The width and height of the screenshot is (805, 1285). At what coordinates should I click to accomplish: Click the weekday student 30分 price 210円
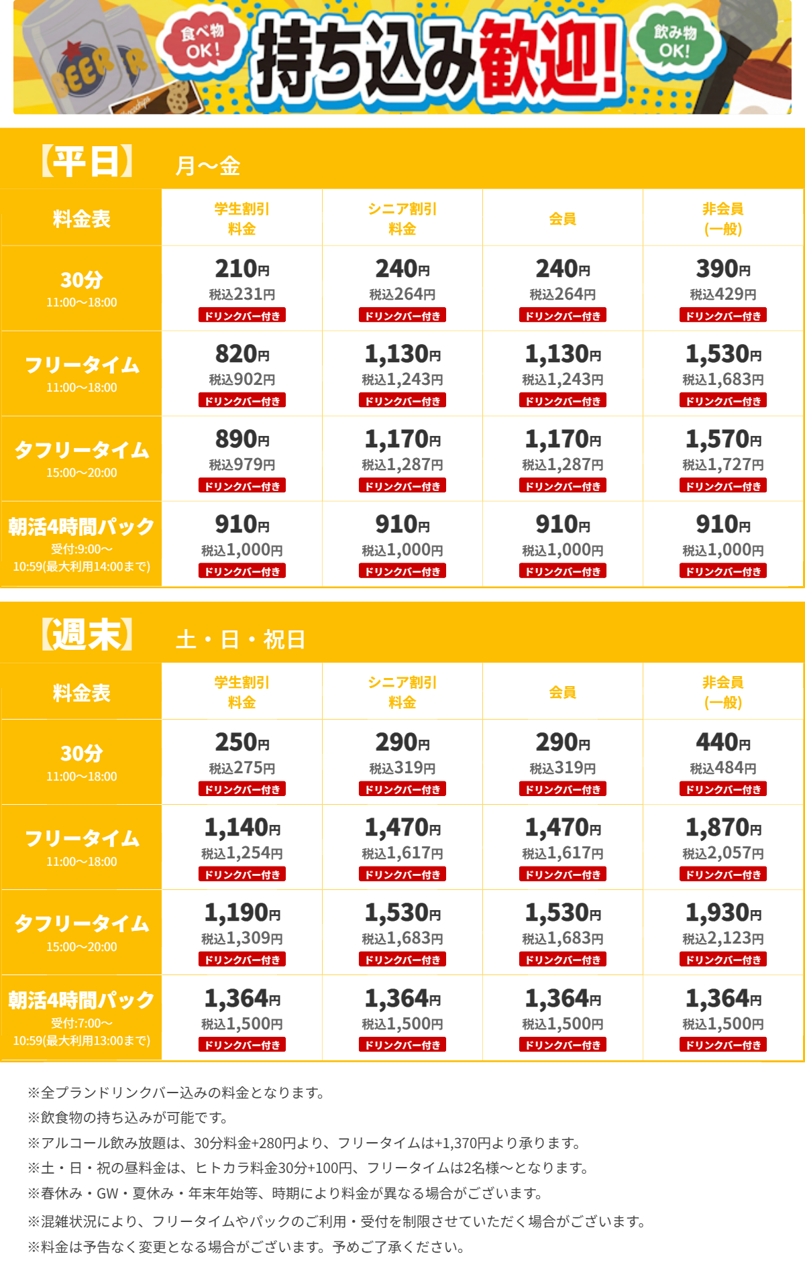tap(241, 269)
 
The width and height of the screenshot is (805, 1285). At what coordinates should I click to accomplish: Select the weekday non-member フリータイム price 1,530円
tap(723, 354)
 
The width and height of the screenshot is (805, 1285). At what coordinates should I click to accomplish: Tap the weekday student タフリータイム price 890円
tap(241, 439)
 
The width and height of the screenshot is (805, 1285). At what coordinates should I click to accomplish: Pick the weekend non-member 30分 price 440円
tap(723, 742)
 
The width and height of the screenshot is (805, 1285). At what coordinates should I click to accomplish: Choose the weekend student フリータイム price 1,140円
tap(241, 828)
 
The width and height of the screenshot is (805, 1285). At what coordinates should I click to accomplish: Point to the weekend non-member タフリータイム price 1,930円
tap(723, 913)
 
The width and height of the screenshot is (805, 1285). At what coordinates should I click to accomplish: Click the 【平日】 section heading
tap(87, 162)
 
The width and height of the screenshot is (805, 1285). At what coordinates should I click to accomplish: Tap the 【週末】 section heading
tap(87, 635)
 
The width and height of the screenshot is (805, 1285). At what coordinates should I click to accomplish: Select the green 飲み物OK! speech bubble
tap(675, 42)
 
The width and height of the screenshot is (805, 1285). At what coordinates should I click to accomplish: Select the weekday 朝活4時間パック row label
tap(81, 544)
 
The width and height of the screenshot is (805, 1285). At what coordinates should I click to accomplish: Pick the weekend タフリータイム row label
tap(81, 932)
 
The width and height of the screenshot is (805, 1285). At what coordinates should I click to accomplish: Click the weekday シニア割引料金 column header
tap(402, 219)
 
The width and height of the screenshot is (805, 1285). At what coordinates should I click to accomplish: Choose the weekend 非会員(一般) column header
tap(723, 692)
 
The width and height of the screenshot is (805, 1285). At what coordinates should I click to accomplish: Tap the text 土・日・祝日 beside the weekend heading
tap(240, 639)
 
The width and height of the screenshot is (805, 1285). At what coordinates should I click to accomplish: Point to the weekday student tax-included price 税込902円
tap(241, 380)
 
